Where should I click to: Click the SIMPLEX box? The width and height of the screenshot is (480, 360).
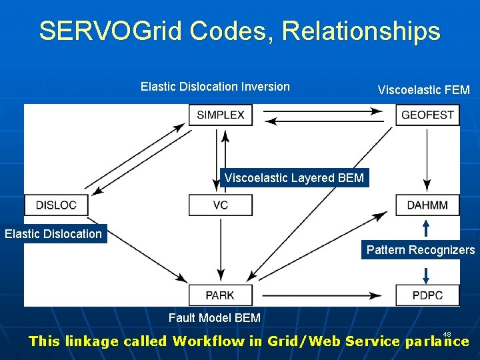point(221,115)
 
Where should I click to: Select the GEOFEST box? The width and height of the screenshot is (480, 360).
point(427,115)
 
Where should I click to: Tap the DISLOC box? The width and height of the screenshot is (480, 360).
point(56,205)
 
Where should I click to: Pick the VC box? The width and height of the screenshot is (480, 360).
point(221,205)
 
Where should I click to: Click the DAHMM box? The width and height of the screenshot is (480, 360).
point(427,205)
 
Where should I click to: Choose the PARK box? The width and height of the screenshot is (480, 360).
point(220,295)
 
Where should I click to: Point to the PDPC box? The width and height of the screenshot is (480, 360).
point(427,295)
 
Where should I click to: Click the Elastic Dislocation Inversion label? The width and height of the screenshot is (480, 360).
point(215,87)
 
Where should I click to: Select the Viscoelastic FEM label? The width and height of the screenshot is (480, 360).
point(423,90)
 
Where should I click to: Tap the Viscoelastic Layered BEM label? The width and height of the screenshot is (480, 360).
point(294,178)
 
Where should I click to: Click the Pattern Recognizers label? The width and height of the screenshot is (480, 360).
point(421,250)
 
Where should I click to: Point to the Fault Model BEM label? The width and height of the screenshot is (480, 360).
point(214,318)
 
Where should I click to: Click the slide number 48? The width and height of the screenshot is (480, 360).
point(447,334)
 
